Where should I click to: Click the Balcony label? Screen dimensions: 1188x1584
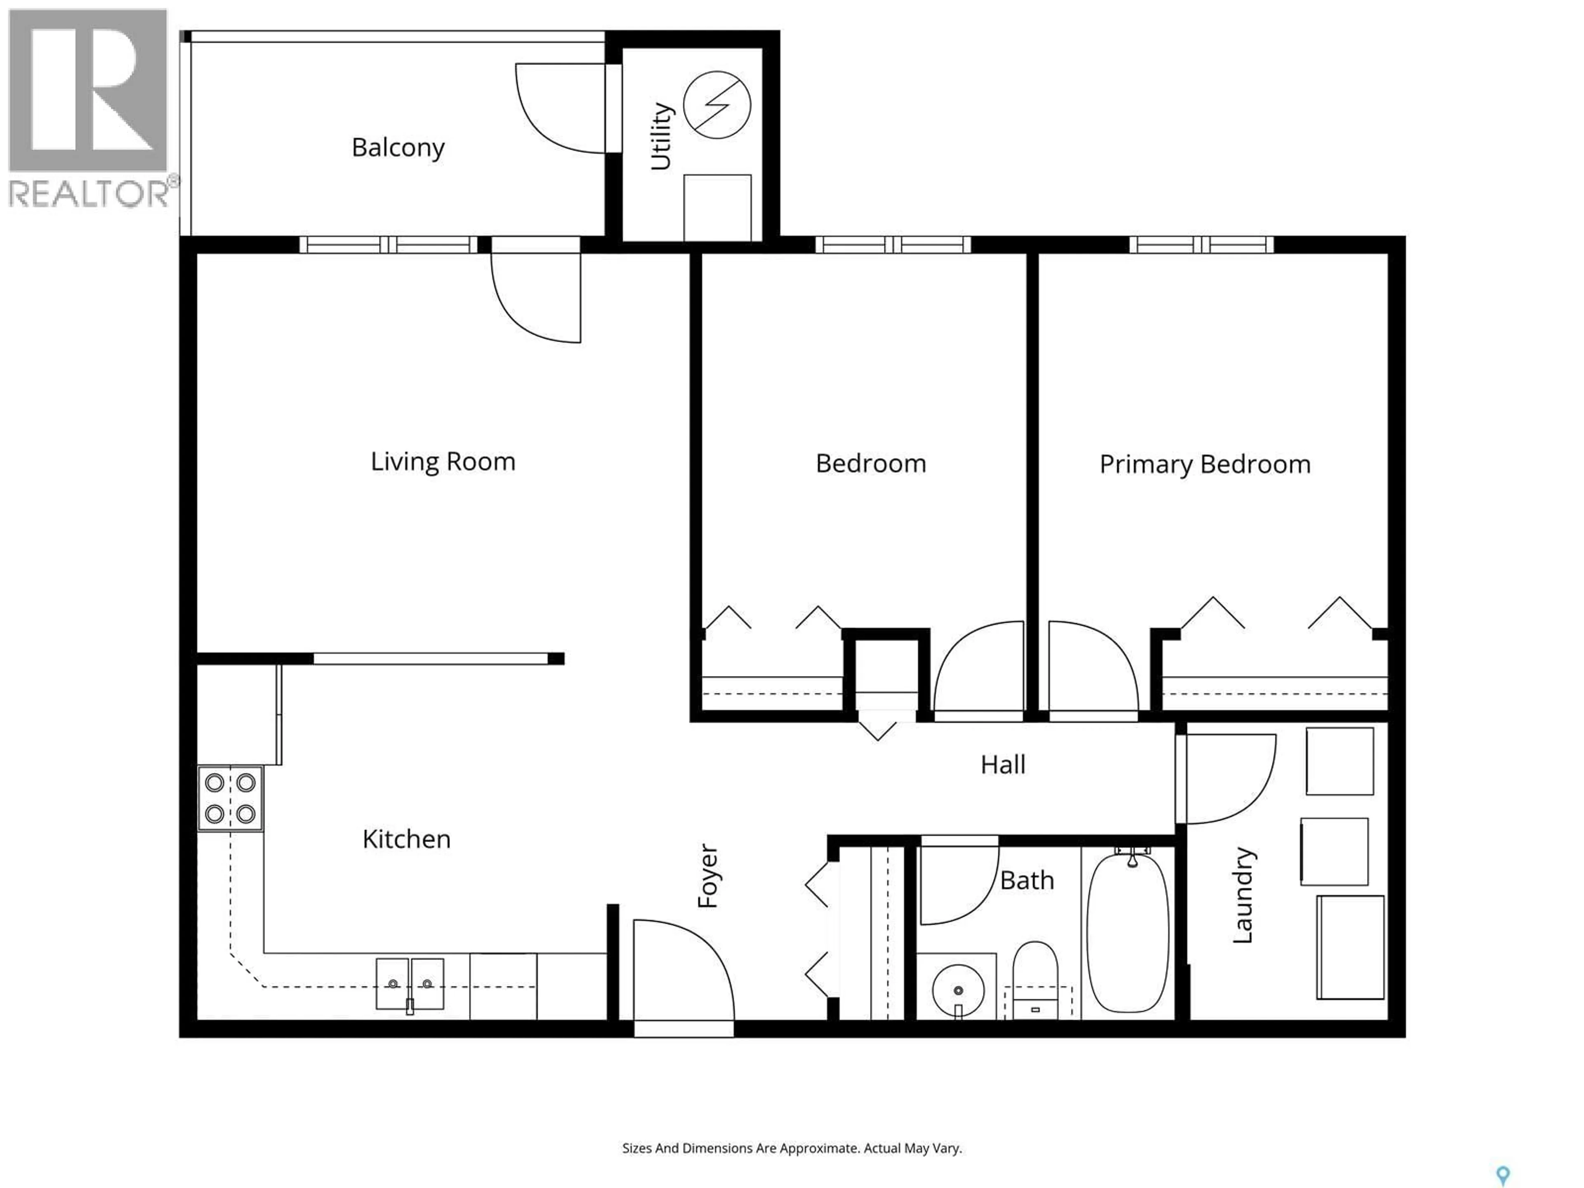398,148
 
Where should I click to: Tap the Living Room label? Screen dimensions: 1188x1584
443,461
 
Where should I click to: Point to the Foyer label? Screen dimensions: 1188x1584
707,876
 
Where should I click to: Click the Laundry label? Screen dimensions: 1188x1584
1242,895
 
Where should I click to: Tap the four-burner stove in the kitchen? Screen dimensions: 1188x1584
230,799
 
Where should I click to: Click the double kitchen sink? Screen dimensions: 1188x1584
410,984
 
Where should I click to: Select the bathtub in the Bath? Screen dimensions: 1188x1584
1128,931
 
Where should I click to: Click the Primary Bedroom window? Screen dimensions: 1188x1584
1202,244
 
